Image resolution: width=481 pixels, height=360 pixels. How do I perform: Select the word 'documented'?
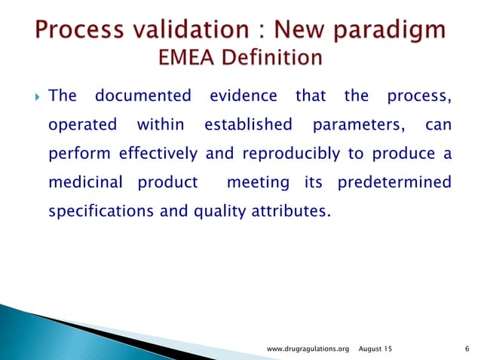pyautogui.click(x=143, y=96)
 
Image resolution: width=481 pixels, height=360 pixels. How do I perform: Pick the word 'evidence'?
pyautogui.click(x=243, y=96)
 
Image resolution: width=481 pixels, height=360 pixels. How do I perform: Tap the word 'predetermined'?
pyautogui.click(x=394, y=183)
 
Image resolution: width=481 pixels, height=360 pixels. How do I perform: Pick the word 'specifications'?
pyautogui.click(x=101, y=212)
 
